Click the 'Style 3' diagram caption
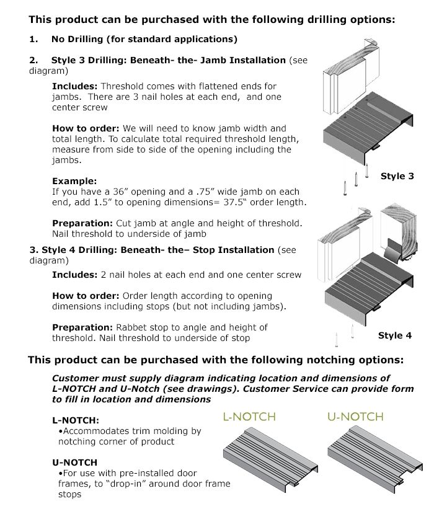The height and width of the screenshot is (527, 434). tap(397, 177)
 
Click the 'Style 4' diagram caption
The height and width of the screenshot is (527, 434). tap(395, 335)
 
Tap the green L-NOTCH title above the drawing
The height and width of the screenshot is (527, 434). tap(249, 417)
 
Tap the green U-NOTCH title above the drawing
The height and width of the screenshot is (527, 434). tap(355, 417)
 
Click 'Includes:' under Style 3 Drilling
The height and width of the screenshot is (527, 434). tap(74, 86)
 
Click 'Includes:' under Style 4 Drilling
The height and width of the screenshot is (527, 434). tap(74, 274)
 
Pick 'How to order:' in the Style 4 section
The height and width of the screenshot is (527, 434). tap(86, 296)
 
